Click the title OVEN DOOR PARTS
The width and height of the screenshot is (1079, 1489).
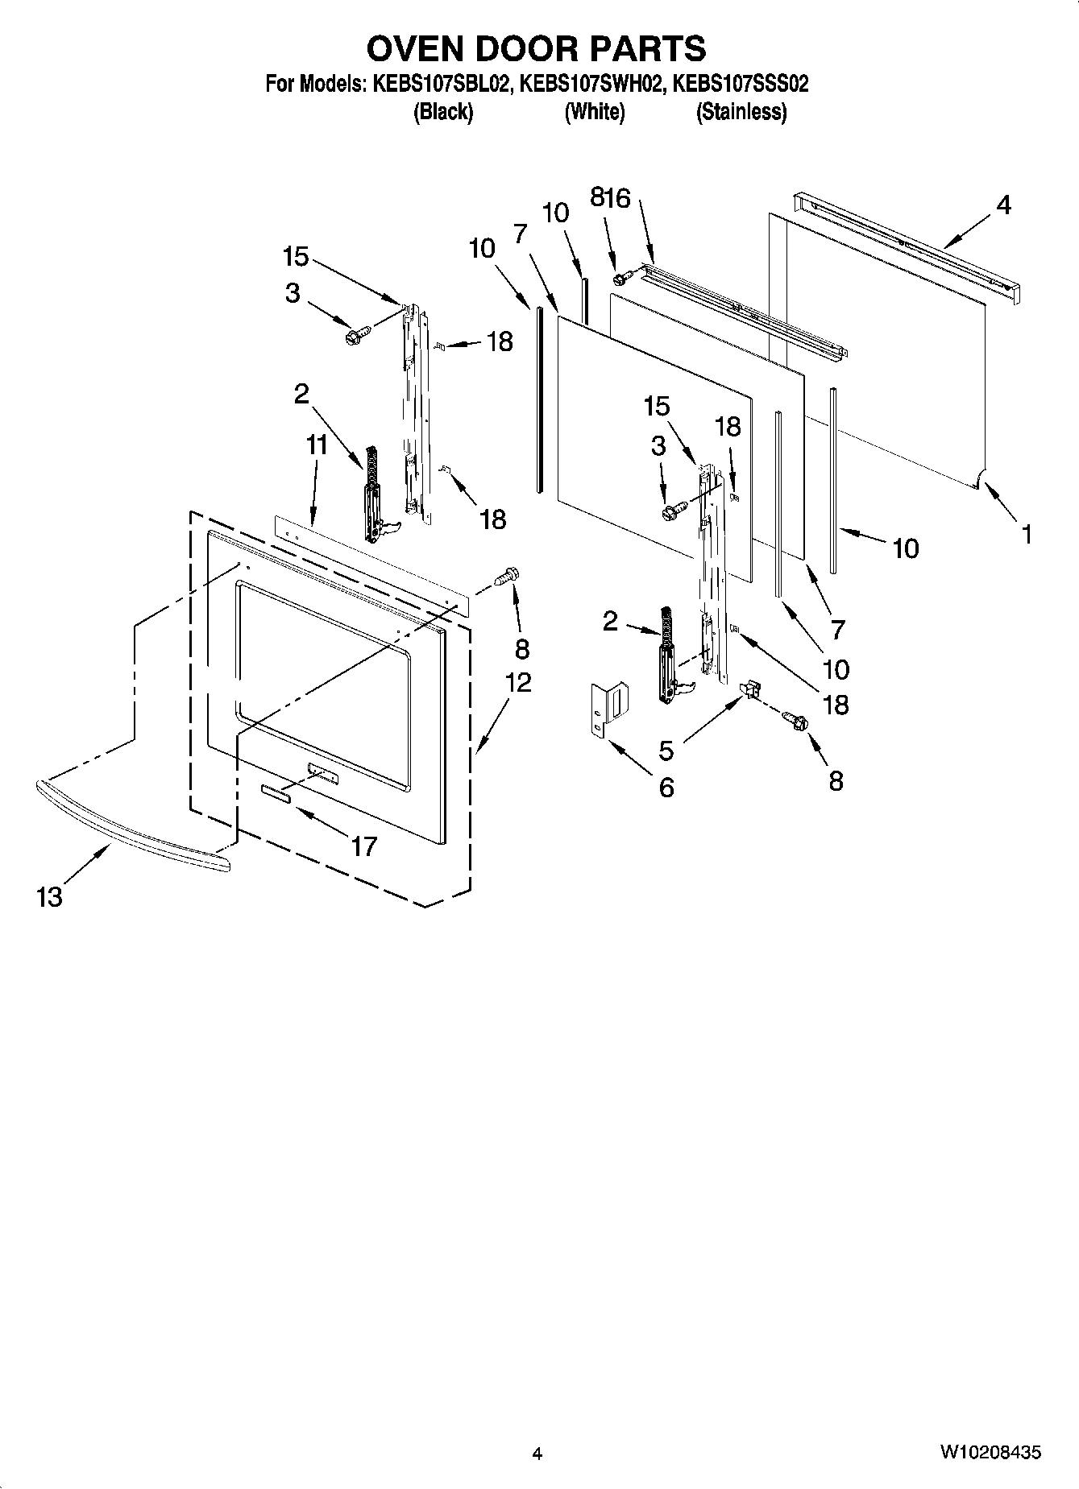pos(536,49)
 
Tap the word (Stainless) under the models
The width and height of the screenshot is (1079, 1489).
pos(741,112)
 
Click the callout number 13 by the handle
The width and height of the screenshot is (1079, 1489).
pos(49,896)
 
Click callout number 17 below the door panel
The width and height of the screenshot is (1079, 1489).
pos(364,846)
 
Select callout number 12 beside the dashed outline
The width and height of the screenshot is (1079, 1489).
pos(518,682)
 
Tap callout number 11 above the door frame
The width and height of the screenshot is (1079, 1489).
pos(317,444)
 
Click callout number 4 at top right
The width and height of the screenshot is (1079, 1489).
pos(1002,205)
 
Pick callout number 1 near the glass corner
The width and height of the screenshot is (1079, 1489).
pos(1026,534)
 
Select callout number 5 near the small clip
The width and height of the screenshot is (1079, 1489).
pos(666,750)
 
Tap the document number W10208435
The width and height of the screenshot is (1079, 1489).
pos(990,1452)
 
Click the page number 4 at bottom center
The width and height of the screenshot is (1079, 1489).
pos(537,1454)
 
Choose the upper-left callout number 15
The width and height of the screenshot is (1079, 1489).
pos(296,257)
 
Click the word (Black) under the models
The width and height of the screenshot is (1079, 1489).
pos(442,112)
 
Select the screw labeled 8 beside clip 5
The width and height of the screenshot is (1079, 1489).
pos(796,722)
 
